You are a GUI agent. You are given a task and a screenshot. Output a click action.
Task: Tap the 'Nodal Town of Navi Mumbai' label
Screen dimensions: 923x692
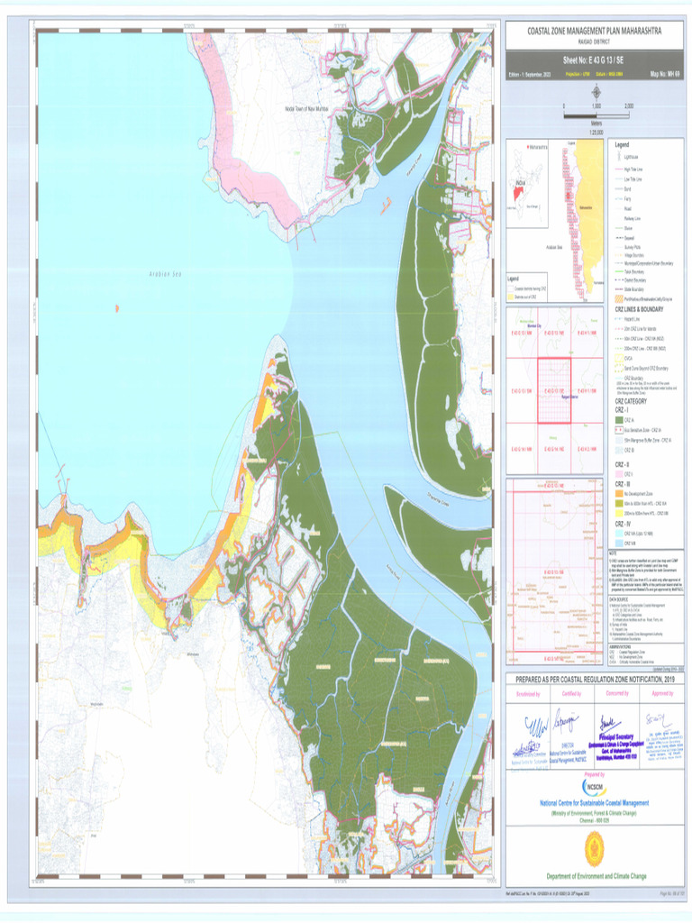tap(304, 109)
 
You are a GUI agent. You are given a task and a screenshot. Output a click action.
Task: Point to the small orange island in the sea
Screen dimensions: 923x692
tap(116, 308)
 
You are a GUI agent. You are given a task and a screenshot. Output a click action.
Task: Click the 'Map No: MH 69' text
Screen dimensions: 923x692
tap(663, 74)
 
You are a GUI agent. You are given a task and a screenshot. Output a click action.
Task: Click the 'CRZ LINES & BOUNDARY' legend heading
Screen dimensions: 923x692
tap(639, 309)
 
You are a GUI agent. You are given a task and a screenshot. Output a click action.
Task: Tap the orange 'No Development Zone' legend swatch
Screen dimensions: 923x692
tap(619, 494)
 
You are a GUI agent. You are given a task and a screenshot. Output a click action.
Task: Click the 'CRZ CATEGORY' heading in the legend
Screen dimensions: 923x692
tap(633, 401)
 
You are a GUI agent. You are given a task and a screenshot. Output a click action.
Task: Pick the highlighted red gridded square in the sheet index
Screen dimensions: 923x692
tap(554, 389)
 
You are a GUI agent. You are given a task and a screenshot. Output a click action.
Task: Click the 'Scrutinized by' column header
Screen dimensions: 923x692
tap(527, 694)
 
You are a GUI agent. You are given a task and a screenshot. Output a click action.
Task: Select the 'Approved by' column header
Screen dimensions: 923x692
tap(660, 694)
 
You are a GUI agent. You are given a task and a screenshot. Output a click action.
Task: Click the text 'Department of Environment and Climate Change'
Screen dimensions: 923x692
tap(595, 876)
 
